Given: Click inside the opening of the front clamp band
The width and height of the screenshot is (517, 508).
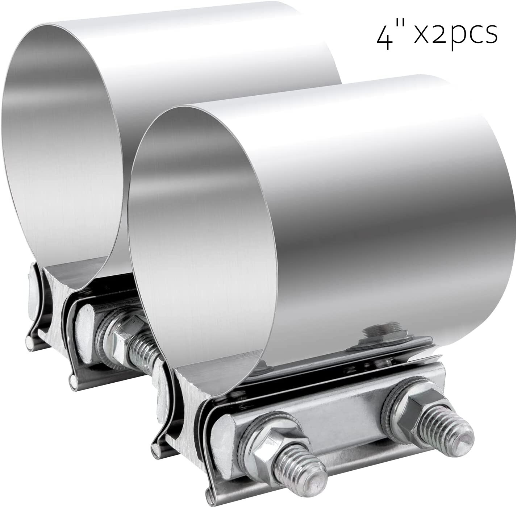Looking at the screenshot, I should tap(203, 232).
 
